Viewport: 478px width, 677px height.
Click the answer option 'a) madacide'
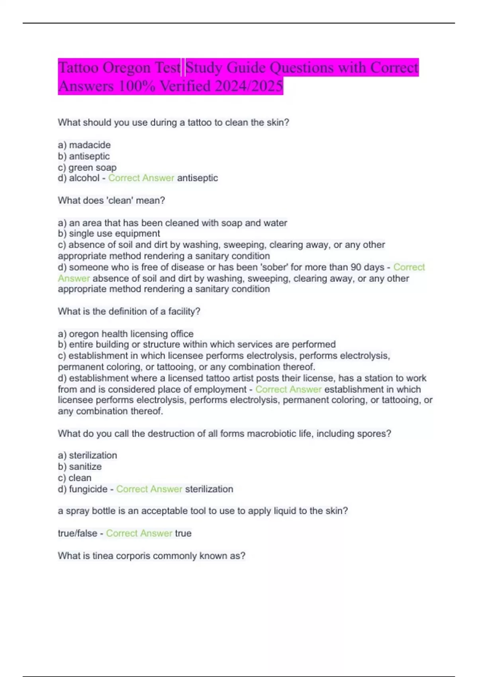pyautogui.click(x=84, y=145)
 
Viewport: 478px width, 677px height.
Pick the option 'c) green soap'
pyautogui.click(x=87, y=167)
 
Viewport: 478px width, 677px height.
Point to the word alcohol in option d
pyautogui.click(x=84, y=178)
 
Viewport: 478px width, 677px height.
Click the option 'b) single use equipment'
pyautogui.click(x=109, y=233)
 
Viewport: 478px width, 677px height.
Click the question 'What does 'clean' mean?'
pyautogui.click(x=111, y=200)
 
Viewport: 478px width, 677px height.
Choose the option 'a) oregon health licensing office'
pyautogui.click(x=125, y=334)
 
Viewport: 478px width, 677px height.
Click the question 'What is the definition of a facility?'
pyautogui.click(x=129, y=311)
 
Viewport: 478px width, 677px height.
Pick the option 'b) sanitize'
pyautogui.click(x=80, y=466)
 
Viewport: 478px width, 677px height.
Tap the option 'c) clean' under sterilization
pyautogui.click(x=74, y=477)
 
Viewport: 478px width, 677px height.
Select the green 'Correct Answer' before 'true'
pyautogui.click(x=139, y=533)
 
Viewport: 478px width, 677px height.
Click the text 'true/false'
pyautogui.click(x=77, y=533)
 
